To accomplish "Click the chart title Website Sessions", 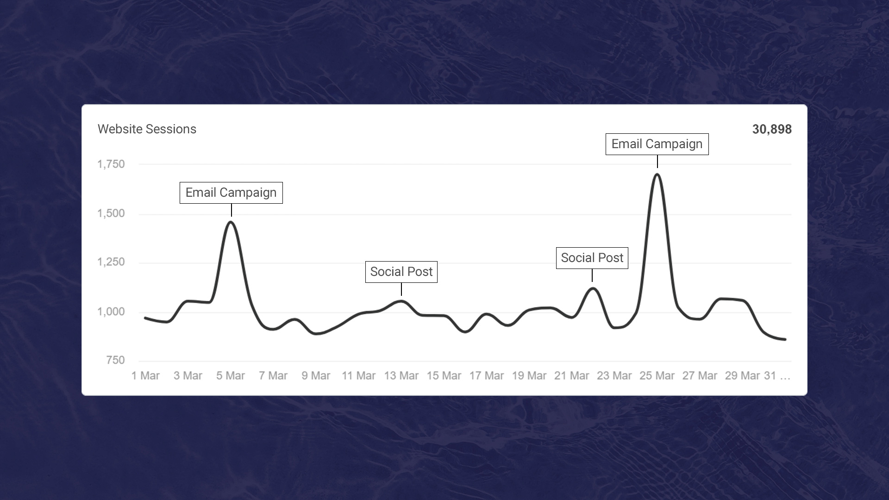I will (147, 129).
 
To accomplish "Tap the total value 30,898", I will (771, 129).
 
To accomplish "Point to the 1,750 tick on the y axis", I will (111, 164).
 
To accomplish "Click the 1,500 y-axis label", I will (111, 213).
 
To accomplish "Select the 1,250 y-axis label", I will (111, 262).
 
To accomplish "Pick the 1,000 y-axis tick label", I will (111, 312).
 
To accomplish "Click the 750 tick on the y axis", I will (115, 360).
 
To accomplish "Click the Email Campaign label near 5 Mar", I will (231, 193).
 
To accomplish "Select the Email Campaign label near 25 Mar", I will (657, 144).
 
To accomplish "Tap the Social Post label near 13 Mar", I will (401, 272).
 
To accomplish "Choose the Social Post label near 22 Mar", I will (592, 258).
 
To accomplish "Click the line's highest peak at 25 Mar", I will (657, 175).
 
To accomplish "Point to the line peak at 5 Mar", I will (231, 222).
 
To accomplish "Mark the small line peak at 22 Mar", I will (592, 289).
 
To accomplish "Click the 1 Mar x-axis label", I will (145, 376).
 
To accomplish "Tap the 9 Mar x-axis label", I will (316, 376).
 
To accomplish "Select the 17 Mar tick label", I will (486, 376).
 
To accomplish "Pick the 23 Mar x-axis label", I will (614, 376).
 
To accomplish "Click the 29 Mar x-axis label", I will (742, 376).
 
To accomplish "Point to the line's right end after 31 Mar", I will (785, 339).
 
